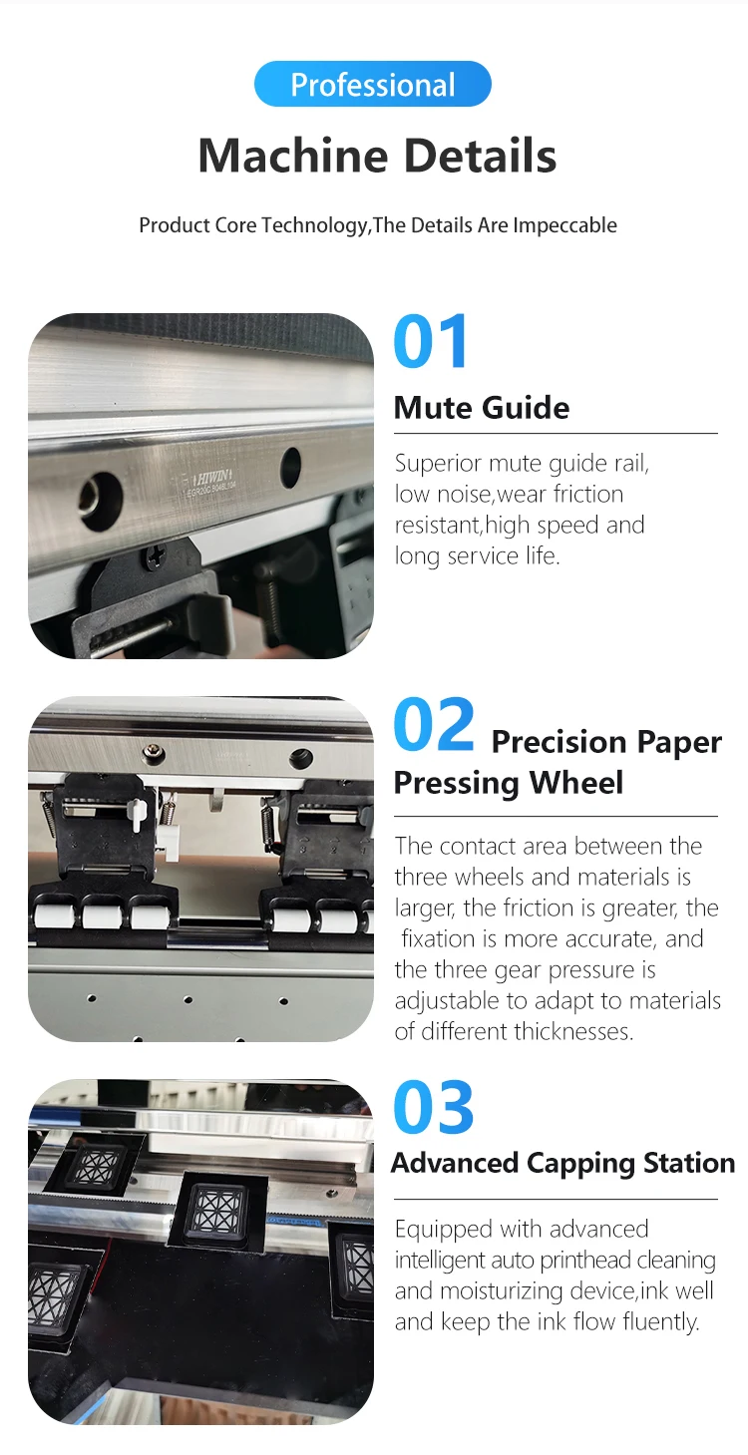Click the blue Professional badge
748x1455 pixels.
372,84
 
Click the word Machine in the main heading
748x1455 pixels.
292,156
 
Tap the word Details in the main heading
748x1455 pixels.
481,156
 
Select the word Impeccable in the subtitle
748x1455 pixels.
564,225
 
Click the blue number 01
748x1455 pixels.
430,341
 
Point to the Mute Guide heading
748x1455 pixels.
482,408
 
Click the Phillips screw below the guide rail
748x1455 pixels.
154,557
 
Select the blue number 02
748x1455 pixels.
434,724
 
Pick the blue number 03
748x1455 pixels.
434,1107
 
